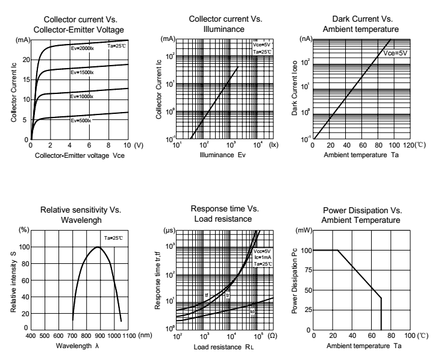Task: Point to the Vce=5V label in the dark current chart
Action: (x=396, y=53)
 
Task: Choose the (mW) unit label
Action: (x=303, y=231)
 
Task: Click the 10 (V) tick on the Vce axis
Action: (x=127, y=145)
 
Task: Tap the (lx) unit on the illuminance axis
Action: (x=274, y=145)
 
